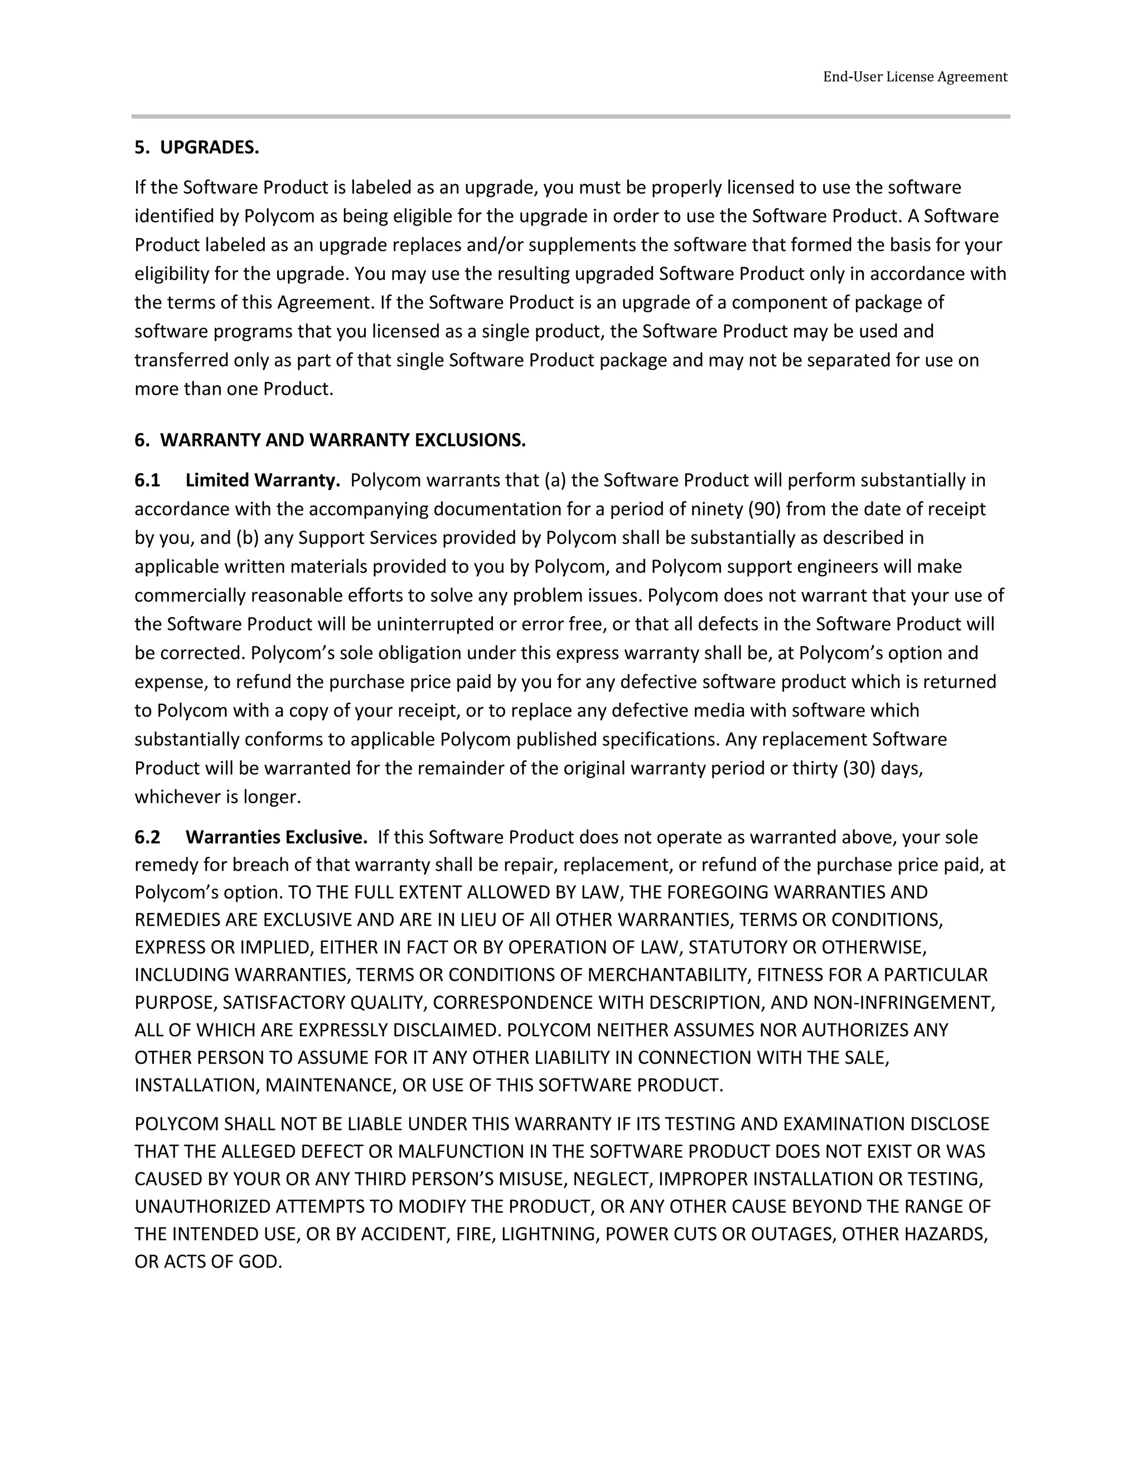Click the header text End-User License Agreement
(x=914, y=77)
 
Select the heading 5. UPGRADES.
(x=196, y=148)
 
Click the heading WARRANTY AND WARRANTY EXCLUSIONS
(x=342, y=440)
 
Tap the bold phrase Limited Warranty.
(x=263, y=480)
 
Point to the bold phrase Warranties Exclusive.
(x=276, y=837)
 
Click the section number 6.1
(x=147, y=480)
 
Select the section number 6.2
(x=147, y=837)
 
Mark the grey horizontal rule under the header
(x=570, y=116)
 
